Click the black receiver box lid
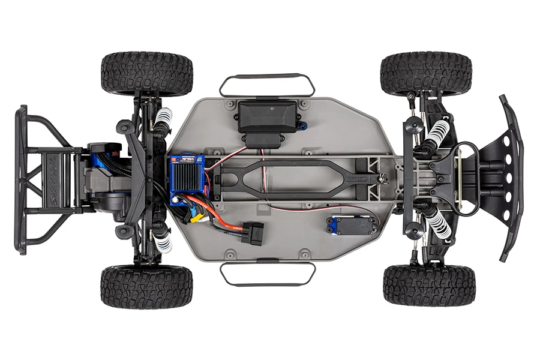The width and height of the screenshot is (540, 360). tap(268, 114)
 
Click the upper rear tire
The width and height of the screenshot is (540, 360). tap(147, 74)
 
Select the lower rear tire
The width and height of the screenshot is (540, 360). tap(147, 286)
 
